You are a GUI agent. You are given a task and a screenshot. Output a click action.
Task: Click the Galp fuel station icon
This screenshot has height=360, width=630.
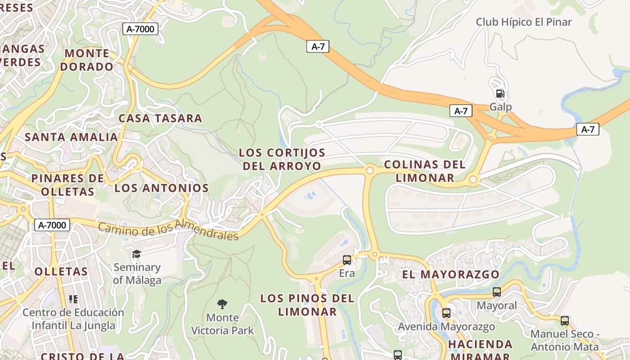(x=500, y=94)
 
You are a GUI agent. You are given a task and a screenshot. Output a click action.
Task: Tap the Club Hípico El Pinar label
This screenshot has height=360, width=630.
(x=524, y=22)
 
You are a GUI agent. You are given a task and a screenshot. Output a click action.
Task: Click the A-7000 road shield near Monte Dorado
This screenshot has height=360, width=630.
(x=140, y=29)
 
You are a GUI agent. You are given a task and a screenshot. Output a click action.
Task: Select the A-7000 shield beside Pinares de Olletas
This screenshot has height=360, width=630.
(x=52, y=225)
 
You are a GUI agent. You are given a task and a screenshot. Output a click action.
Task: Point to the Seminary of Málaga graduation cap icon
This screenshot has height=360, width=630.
(x=136, y=254)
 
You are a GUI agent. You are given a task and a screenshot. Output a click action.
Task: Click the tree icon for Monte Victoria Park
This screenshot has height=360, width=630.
(x=222, y=304)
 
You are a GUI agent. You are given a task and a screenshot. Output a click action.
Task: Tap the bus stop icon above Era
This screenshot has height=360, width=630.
(x=346, y=260)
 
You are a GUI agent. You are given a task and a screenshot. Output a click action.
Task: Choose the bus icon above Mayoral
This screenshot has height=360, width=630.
(x=497, y=292)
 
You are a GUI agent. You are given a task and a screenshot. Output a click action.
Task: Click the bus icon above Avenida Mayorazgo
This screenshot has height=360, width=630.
(x=446, y=313)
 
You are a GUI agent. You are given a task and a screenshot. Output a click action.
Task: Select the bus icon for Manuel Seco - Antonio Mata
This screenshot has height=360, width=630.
(x=564, y=321)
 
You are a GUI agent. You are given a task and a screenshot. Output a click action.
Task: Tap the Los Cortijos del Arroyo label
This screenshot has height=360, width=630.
(x=282, y=159)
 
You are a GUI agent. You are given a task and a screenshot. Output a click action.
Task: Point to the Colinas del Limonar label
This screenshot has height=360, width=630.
(x=425, y=171)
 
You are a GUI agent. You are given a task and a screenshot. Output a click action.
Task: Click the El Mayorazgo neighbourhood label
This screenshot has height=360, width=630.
(x=450, y=274)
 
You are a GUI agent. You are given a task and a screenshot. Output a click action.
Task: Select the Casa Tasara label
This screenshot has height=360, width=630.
(x=160, y=118)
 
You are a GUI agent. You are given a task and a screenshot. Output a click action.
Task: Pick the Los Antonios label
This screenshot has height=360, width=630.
(x=161, y=188)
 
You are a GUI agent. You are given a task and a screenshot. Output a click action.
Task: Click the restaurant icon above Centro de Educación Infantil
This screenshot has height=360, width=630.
(x=73, y=299)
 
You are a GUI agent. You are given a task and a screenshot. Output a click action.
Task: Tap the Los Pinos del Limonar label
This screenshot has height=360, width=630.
(x=307, y=305)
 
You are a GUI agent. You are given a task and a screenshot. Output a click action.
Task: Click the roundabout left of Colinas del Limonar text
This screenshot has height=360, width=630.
(x=370, y=171)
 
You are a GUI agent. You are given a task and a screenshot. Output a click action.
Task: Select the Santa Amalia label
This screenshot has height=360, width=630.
(x=71, y=137)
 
